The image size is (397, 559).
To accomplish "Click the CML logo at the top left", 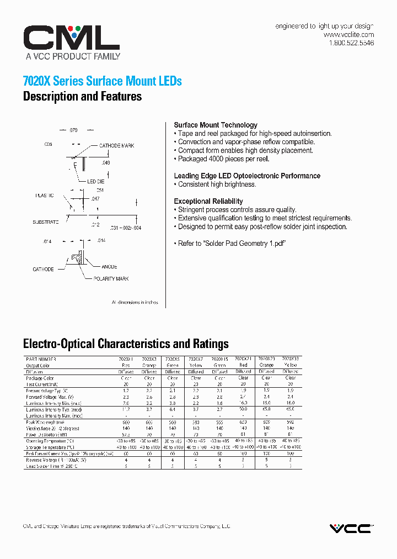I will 71,38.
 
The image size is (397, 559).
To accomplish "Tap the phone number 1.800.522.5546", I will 351,43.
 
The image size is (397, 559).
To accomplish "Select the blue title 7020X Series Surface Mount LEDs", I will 102,81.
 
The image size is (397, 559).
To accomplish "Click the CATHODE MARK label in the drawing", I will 116,146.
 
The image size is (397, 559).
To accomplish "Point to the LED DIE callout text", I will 95,182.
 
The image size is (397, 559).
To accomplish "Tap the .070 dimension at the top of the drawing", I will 73,130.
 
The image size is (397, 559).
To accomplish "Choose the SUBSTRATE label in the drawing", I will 45,222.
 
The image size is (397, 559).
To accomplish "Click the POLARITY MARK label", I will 111,279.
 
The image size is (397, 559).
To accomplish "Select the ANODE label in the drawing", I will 109,267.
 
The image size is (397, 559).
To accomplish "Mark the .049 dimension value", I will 106,163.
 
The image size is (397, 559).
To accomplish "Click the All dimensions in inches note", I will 135,303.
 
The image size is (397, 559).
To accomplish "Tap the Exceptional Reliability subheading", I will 208,202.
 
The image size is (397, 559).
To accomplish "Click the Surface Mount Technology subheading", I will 215,125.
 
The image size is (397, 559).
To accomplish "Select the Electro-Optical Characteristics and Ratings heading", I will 126,344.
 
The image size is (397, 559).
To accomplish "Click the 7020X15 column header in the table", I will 219,359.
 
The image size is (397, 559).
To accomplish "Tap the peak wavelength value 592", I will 291,423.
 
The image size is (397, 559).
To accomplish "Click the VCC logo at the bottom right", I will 351,529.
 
